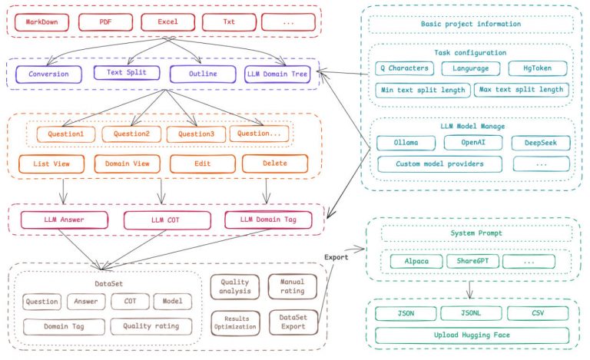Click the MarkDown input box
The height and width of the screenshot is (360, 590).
point(41,22)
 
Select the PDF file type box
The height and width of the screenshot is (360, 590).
point(106,22)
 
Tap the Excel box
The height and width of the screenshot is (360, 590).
point(167,22)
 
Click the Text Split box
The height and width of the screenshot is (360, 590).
point(127,72)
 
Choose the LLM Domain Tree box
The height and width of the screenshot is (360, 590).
point(277,74)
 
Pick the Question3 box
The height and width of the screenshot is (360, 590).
point(196,134)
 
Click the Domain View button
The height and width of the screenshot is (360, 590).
point(128,163)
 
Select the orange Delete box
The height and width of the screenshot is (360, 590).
point(275,163)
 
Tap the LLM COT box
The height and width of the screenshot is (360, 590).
point(167,220)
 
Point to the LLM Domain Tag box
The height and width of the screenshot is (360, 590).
point(268,220)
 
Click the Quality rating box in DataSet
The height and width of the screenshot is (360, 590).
point(151,326)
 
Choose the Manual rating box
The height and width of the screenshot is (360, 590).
point(293,286)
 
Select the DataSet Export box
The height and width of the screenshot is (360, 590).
point(293,322)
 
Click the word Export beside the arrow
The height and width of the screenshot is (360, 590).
point(336,257)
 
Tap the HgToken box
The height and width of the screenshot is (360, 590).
point(538,68)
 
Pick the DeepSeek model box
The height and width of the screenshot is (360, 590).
point(541,143)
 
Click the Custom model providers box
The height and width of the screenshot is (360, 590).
point(439,164)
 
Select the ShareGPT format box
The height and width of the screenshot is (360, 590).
point(473,261)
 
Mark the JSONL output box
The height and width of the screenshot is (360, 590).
point(471,313)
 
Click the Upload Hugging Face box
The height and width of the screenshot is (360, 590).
point(472,335)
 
